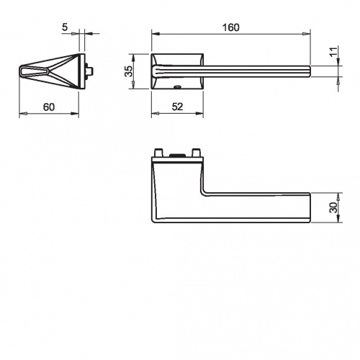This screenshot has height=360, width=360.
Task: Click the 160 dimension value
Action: point(230,27)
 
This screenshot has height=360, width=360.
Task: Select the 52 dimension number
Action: point(177,107)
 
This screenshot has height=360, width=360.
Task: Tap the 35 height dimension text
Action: point(129,71)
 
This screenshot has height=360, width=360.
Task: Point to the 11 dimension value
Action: point(333,52)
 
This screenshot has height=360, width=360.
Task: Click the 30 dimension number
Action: point(333,207)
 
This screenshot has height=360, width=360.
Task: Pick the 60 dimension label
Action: point(49,107)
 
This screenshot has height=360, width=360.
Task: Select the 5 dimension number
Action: point(65,27)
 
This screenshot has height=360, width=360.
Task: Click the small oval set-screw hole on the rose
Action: point(178,86)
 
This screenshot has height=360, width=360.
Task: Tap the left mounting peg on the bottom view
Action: point(158,153)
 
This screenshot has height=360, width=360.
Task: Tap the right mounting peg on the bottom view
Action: point(196,153)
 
